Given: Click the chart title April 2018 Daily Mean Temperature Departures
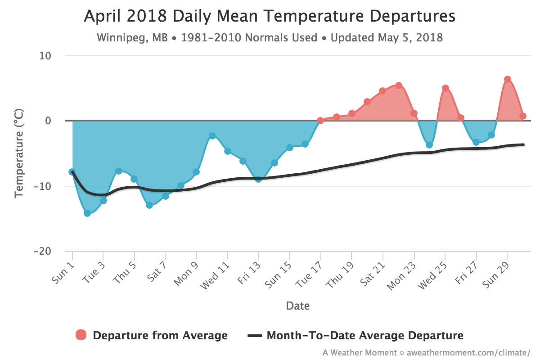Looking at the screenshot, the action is click(270, 16).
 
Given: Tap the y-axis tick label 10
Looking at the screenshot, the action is click(45, 56).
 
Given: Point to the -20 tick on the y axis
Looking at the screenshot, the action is click(42, 251).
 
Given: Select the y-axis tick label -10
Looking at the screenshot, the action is click(42, 186).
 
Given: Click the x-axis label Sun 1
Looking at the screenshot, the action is click(63, 274).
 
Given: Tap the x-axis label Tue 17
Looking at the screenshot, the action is click(309, 274).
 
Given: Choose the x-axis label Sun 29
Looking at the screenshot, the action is click(496, 275).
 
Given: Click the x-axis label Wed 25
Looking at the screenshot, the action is click(432, 276).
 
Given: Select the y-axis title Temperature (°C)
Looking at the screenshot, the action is click(19, 153).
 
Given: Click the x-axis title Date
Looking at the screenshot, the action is click(298, 306).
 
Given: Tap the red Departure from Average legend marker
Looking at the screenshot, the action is click(81, 335).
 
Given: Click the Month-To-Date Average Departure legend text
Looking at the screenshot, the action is click(365, 335).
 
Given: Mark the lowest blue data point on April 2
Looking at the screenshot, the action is click(87, 213).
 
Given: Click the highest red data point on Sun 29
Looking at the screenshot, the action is click(508, 79).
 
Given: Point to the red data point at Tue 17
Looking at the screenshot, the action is click(320, 121).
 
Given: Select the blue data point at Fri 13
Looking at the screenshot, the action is click(258, 179).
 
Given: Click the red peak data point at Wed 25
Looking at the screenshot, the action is click(445, 88).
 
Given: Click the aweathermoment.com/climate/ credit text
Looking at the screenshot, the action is click(468, 353).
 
